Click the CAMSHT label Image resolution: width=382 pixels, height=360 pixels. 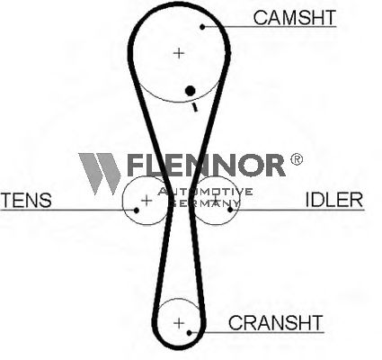pos(295,17)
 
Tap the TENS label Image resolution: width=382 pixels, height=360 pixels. pos(26,201)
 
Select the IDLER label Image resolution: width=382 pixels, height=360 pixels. pos(334,200)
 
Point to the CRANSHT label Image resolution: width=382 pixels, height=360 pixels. pos(276,322)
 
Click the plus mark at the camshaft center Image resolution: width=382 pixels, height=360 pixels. pos(179,53)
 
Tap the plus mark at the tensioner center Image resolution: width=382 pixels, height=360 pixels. pos(147,200)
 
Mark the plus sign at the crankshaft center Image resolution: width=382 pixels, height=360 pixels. pos(179,323)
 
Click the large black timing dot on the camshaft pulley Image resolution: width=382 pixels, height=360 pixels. pos(191,90)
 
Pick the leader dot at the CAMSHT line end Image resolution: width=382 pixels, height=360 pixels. pos(202,27)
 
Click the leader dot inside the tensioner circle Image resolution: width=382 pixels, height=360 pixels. pos(137,211)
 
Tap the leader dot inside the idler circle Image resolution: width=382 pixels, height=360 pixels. pos(230,210)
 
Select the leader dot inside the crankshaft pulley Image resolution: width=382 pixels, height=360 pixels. pos(189,333)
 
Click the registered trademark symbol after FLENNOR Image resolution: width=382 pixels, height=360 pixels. pos(297,159)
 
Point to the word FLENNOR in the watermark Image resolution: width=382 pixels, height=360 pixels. pos(206,165)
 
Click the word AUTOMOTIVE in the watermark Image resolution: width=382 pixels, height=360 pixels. pos(205,192)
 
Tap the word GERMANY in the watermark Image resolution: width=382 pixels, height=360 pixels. pos(204,203)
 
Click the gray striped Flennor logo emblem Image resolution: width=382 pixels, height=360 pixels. pos(100,174)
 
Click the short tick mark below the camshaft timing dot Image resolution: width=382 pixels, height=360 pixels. pos(195,107)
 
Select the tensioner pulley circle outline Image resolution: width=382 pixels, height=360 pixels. pos(123,201)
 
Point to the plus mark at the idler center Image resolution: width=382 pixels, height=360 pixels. pos(215,199)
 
